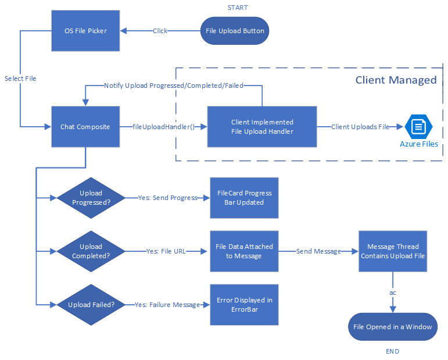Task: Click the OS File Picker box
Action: coord(85,31)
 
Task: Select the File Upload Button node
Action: coord(235,31)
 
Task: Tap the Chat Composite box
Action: coord(85,127)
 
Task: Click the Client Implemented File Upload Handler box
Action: coord(262,127)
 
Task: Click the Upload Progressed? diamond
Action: coord(91,198)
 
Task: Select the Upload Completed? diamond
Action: coord(91,251)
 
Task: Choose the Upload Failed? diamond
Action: coord(91,304)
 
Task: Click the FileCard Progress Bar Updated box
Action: coord(244,198)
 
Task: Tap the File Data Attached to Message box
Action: coord(244,251)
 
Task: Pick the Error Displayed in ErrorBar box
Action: coord(244,304)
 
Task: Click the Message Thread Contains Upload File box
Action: coord(393,251)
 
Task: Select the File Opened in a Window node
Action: coord(393,327)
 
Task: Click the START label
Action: coord(237,8)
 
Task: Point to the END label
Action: coord(393,351)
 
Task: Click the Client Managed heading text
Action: coord(396,80)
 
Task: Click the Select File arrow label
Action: coord(20,79)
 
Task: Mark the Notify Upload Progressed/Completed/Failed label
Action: coord(173,85)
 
